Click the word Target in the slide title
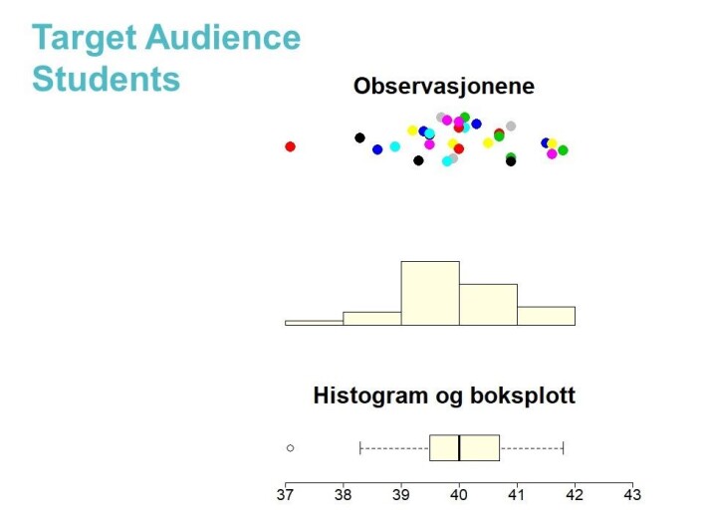pos(84,39)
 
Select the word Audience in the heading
pos(223,37)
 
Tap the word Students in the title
pos(106,79)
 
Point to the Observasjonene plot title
pos(444,86)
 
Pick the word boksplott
pos(523,396)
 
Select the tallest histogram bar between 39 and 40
pos(430,293)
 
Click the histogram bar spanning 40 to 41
pos(488,305)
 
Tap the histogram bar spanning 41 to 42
pos(546,316)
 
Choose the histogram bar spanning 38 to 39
pos(372,319)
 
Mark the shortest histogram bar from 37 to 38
pos(315,323)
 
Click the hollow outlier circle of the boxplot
pos(290,448)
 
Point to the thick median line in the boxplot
pos(459,447)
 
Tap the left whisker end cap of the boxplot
pos(360,447)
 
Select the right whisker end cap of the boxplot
pos(564,447)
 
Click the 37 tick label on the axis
pos(285,495)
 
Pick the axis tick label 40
pos(459,495)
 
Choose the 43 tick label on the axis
pos(632,495)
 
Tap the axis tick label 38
pos(343,495)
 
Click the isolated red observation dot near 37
pos(290,146)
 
